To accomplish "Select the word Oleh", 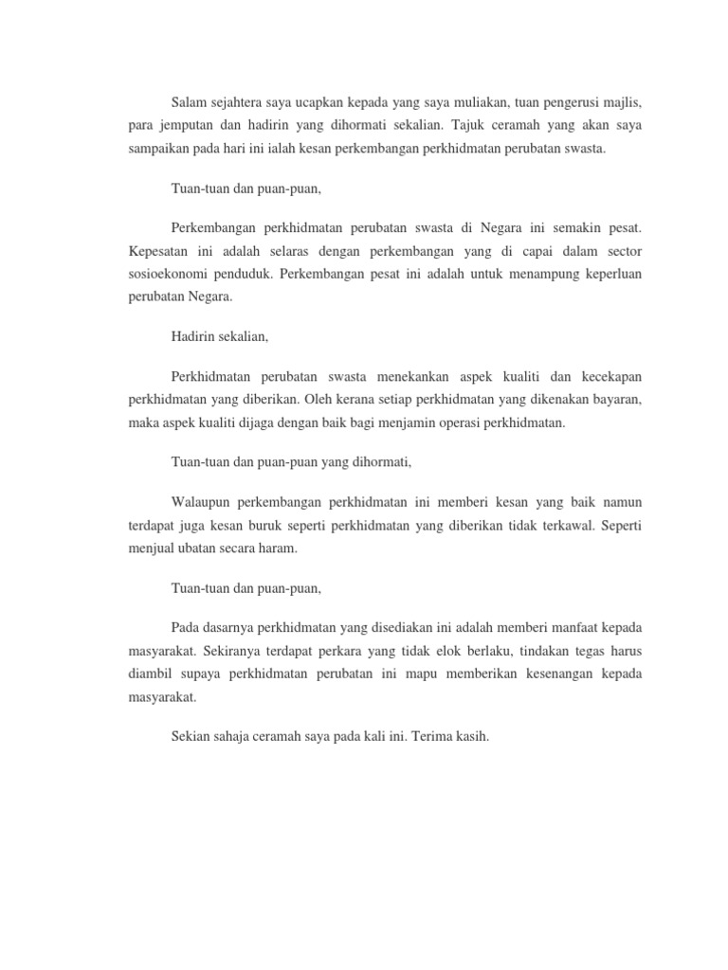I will point(334,401).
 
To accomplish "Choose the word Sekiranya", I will point(234,651).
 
